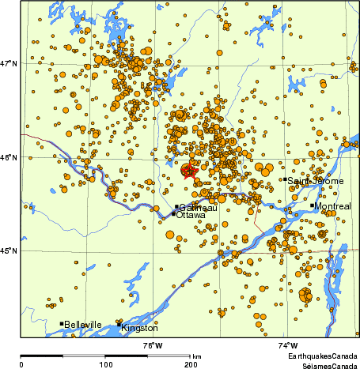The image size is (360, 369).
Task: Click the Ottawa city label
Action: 191,215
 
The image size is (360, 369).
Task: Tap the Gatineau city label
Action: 197,207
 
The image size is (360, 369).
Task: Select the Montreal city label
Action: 332,206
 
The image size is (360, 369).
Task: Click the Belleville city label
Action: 83,325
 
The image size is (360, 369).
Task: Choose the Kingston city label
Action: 140,327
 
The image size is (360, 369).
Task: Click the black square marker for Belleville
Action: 62,323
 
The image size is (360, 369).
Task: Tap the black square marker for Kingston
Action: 119,324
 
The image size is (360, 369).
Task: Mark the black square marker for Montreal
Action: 313,205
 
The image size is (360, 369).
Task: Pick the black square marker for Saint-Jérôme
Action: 286,179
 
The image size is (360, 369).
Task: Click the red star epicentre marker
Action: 188,171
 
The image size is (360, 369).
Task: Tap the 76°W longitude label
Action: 153,346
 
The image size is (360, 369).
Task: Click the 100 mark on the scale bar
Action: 105,364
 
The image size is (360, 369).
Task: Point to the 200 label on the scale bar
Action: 191,364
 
